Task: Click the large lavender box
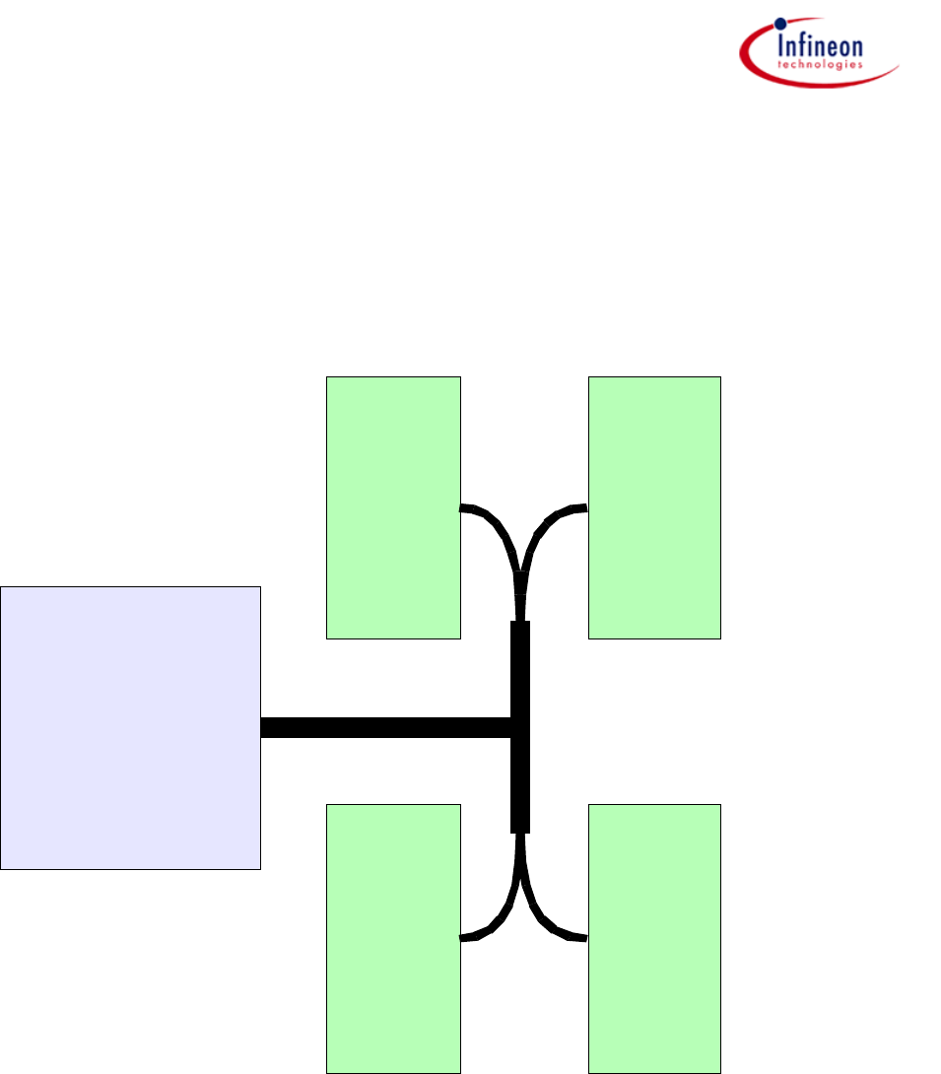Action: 130,727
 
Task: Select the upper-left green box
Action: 393,507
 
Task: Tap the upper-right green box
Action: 654,507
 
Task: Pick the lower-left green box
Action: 393,937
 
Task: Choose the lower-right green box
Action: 654,937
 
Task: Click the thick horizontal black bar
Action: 384,727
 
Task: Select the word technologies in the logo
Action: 819,64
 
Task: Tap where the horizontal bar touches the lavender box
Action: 262,727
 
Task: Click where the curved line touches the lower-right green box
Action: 587,938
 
